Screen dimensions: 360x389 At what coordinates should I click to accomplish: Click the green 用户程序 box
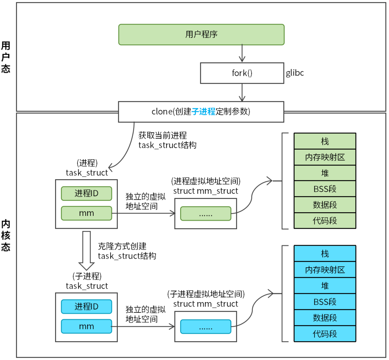coord(201,35)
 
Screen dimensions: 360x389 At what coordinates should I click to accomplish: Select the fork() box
coord(242,73)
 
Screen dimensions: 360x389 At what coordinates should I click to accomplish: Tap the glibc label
coord(295,73)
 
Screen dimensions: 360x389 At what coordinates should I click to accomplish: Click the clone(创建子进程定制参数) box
coord(201,112)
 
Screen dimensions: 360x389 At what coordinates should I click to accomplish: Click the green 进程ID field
coord(86,194)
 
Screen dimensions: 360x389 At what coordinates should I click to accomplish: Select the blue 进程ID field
coord(86,307)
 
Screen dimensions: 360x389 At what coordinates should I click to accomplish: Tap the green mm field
coord(86,213)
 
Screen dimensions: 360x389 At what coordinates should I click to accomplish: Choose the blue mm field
coord(86,326)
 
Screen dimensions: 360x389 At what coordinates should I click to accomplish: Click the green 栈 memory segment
coord(325,141)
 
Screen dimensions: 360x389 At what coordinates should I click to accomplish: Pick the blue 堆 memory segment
coord(325,286)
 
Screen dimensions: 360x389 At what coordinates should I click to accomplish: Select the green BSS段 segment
coord(325,189)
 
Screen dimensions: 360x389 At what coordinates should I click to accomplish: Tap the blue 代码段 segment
coord(325,334)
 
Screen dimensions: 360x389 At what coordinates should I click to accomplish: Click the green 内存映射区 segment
coord(325,157)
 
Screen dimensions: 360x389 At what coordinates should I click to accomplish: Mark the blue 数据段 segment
coord(325,318)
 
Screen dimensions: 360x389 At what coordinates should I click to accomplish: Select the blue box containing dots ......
coord(206,327)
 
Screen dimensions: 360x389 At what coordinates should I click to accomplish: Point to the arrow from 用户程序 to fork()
coord(242,54)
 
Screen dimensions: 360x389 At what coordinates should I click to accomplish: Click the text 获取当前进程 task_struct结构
coord(167,141)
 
